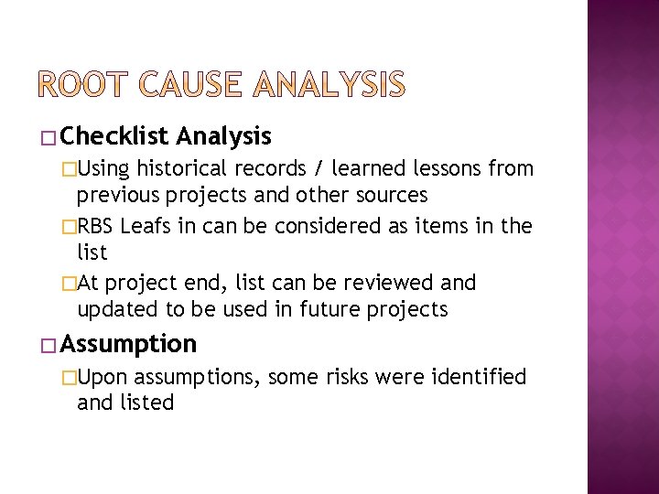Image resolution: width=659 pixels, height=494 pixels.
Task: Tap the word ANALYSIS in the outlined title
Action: coord(328,85)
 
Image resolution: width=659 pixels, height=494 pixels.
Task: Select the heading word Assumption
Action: coord(129,344)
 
